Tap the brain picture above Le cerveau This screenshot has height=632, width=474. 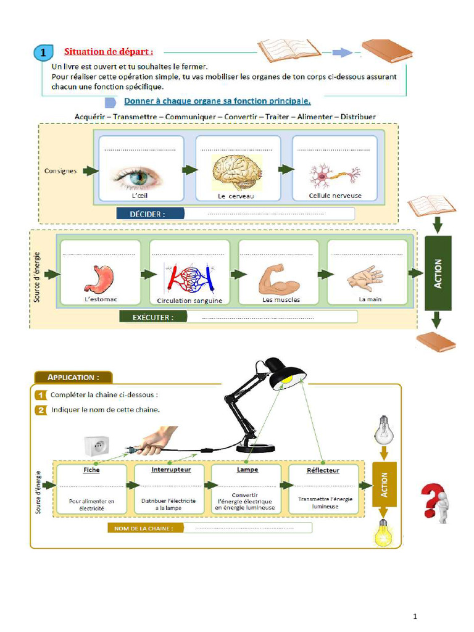[x=238, y=172]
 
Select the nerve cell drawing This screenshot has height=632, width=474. [x=335, y=176]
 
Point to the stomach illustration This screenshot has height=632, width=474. [x=99, y=278]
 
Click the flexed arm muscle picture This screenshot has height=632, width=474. [x=279, y=278]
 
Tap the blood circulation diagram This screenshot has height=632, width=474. [x=189, y=278]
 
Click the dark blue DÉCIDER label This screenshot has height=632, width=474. [x=150, y=214]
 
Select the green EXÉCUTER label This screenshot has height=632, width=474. [x=153, y=317]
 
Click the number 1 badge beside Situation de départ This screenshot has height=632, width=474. [x=44, y=52]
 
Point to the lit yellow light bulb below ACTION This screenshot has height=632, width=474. [x=383, y=533]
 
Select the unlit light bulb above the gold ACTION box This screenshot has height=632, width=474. [x=384, y=430]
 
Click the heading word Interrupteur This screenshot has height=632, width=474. [x=172, y=470]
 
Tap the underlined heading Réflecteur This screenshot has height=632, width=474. [x=323, y=470]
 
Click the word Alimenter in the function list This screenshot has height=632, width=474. [x=314, y=117]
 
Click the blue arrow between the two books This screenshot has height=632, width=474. [x=342, y=52]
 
